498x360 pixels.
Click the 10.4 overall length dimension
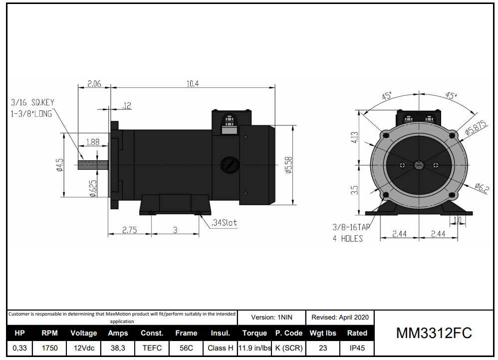point(193,84)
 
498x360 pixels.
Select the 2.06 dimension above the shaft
point(94,84)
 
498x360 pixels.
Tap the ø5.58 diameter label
point(288,165)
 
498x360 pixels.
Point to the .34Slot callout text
point(224,223)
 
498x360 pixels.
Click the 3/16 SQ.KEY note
point(32,102)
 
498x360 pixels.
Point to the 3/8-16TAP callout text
point(351,227)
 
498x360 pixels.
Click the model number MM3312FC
point(434,333)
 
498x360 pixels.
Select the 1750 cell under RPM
point(49,348)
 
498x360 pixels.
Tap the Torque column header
point(254,333)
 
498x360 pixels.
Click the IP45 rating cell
point(357,348)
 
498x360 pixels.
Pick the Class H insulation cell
point(220,348)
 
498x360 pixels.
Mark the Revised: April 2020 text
point(340,317)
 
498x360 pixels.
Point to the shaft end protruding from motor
point(92,164)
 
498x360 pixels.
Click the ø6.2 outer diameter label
point(482,188)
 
